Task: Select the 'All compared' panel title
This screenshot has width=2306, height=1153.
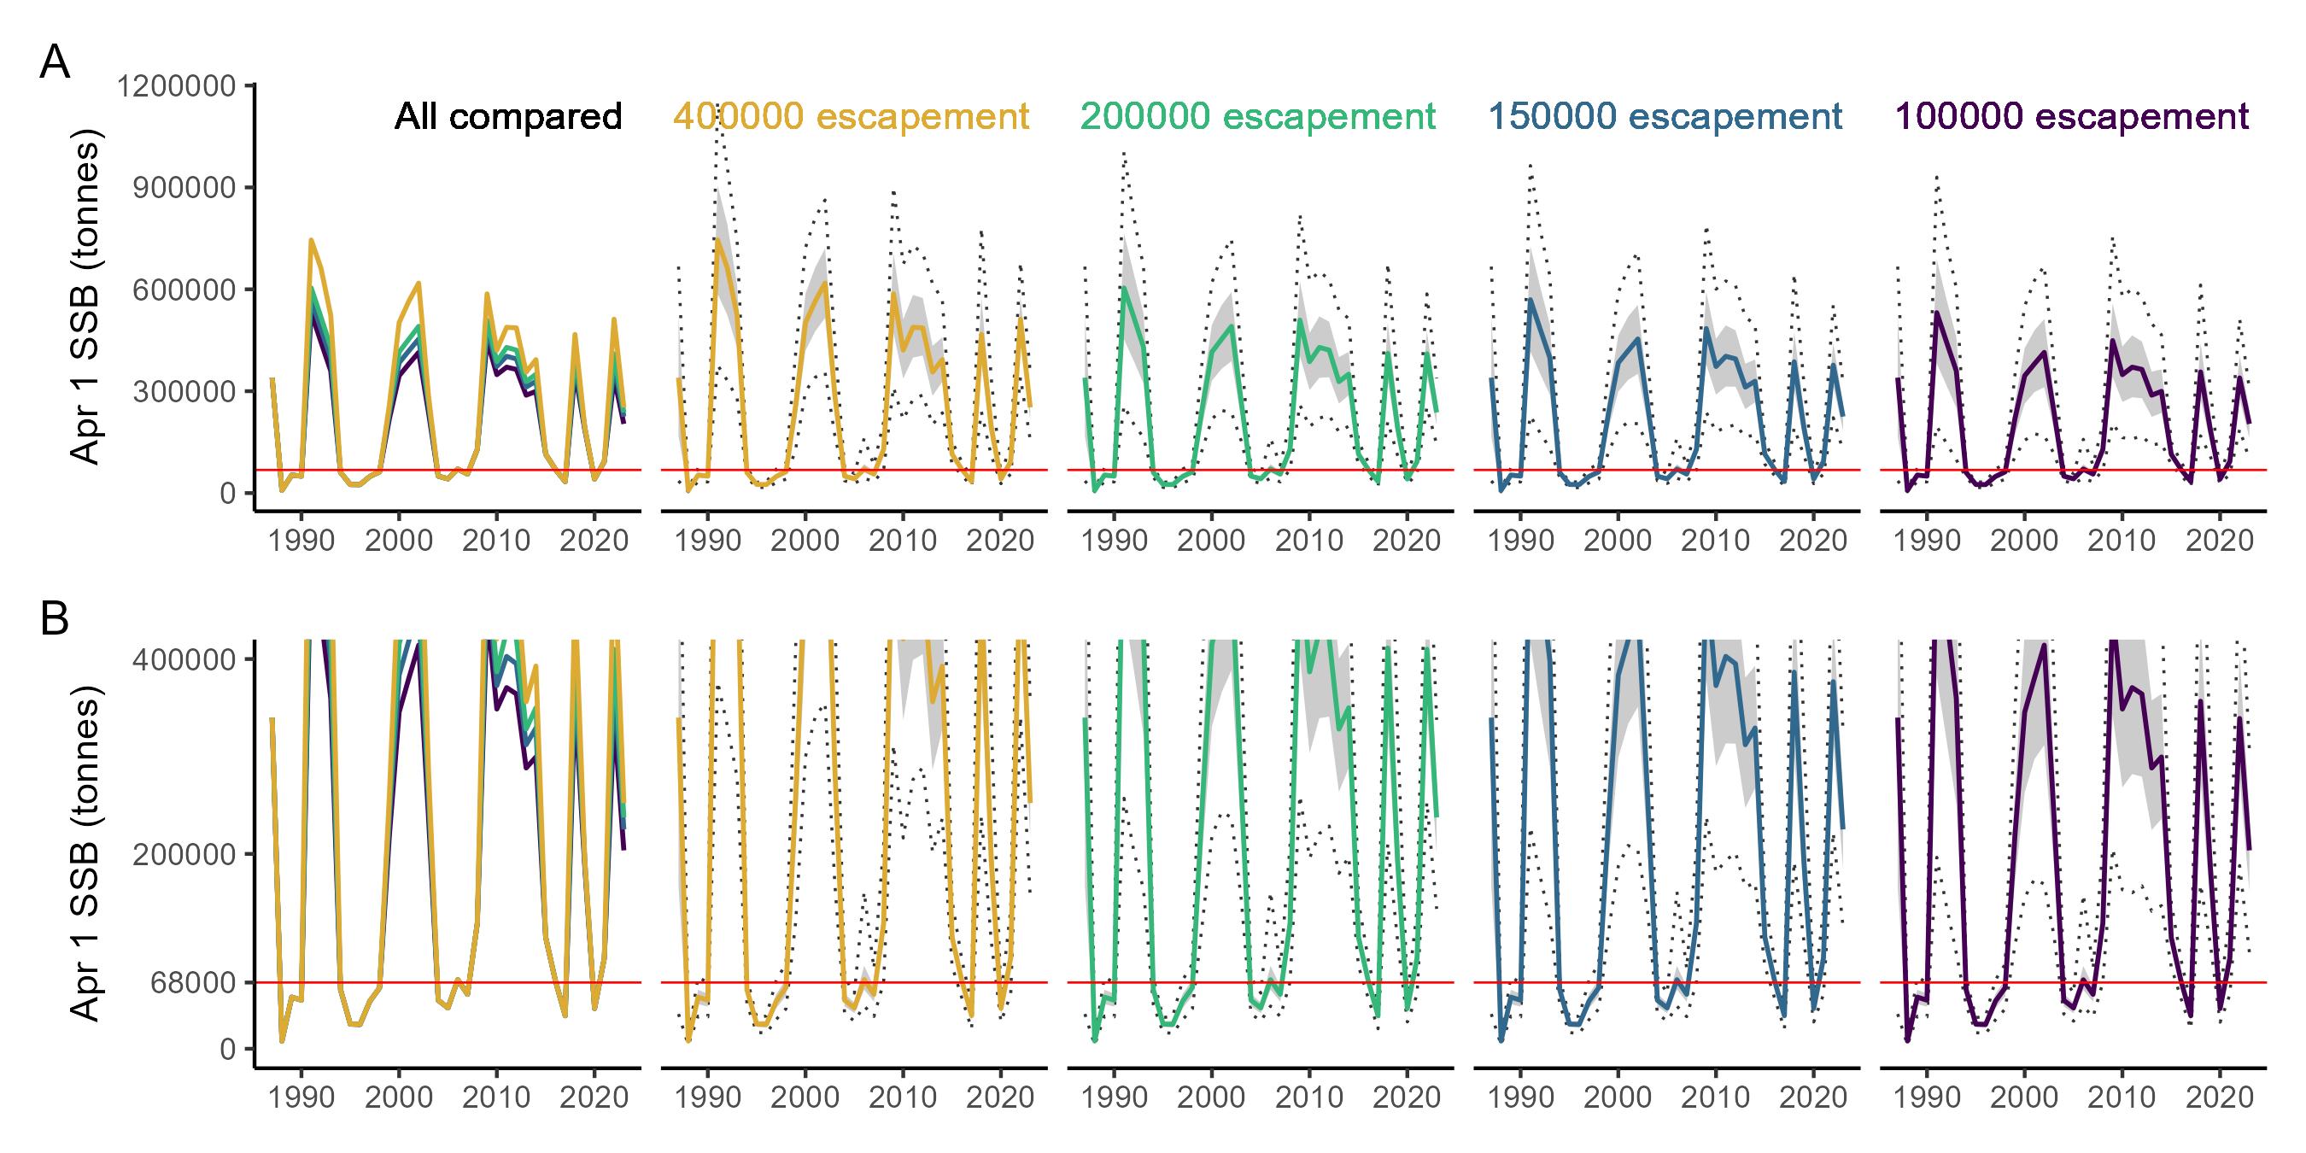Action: [507, 117]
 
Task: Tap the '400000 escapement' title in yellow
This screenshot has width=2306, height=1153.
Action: [851, 117]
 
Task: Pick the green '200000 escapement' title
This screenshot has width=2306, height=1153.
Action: [1258, 117]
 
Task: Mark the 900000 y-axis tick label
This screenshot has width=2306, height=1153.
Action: [185, 188]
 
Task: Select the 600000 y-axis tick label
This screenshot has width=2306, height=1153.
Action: [185, 290]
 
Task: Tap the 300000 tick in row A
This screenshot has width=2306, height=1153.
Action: [185, 392]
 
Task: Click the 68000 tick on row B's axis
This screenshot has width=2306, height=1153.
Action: [192, 983]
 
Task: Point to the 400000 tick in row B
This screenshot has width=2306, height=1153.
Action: [185, 658]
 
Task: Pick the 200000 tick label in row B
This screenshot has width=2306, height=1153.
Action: [185, 854]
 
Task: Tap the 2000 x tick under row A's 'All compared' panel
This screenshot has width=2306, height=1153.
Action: [398, 541]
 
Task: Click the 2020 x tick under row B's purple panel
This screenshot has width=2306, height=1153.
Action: [2219, 1097]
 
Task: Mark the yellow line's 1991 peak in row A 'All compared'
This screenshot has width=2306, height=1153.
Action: [311, 240]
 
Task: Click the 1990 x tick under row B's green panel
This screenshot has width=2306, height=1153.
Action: [1115, 1097]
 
